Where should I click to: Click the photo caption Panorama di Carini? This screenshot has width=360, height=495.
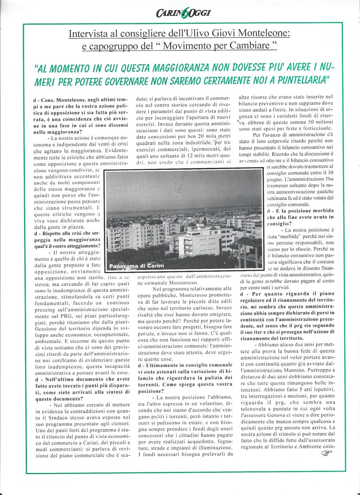[130, 266]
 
